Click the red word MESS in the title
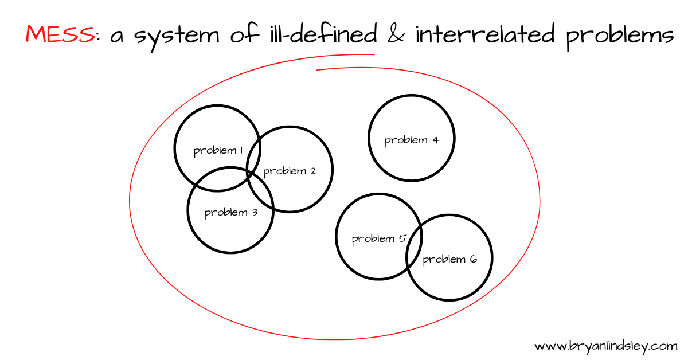tap(60, 34)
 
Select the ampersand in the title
tap(395, 34)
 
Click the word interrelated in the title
tap(484, 34)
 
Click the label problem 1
tap(218, 151)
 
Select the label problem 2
tap(290, 171)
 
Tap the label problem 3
tap(230, 213)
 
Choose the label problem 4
tap(412, 140)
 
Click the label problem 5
tap(378, 238)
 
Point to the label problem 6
tap(449, 260)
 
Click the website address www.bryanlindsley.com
tap(606, 346)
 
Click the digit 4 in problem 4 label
tap(435, 139)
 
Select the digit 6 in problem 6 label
tap(473, 259)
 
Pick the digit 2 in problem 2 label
tap(313, 170)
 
